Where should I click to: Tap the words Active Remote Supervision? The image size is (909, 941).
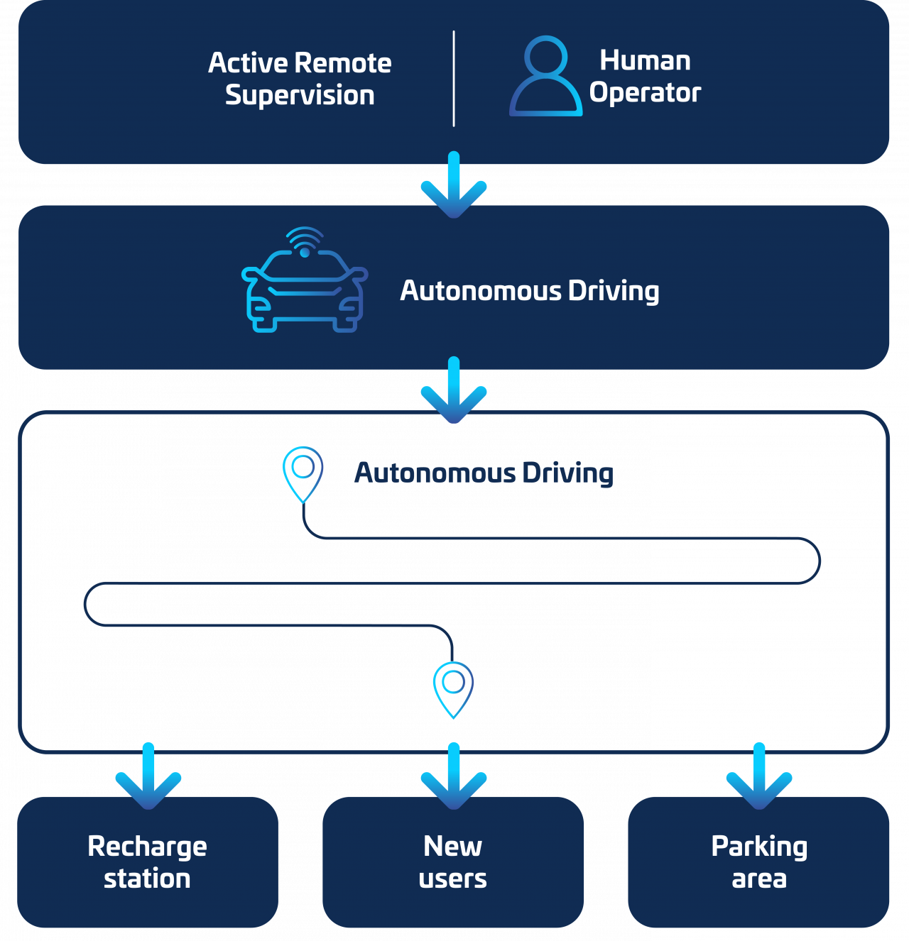[300, 79]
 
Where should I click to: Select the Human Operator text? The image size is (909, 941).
[645, 77]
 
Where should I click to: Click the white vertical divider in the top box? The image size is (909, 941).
[454, 78]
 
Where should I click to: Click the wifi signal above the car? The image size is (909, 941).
[305, 240]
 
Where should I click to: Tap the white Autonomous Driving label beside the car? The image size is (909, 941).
[530, 291]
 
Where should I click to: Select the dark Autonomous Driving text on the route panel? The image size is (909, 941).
[484, 473]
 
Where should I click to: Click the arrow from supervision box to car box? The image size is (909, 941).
[454, 186]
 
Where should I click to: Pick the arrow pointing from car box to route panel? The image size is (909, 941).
[454, 391]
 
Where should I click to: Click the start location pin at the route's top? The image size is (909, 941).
[303, 473]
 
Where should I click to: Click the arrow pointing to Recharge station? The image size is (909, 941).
[148, 777]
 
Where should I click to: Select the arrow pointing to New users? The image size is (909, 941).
[454, 777]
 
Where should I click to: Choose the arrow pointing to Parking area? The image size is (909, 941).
[759, 777]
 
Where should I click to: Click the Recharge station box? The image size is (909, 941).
[148, 862]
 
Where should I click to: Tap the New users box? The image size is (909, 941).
[453, 862]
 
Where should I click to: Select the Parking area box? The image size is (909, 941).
[759, 862]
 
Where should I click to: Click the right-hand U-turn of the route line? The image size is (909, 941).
[820, 561]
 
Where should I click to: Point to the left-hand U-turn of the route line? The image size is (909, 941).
[85, 604]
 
